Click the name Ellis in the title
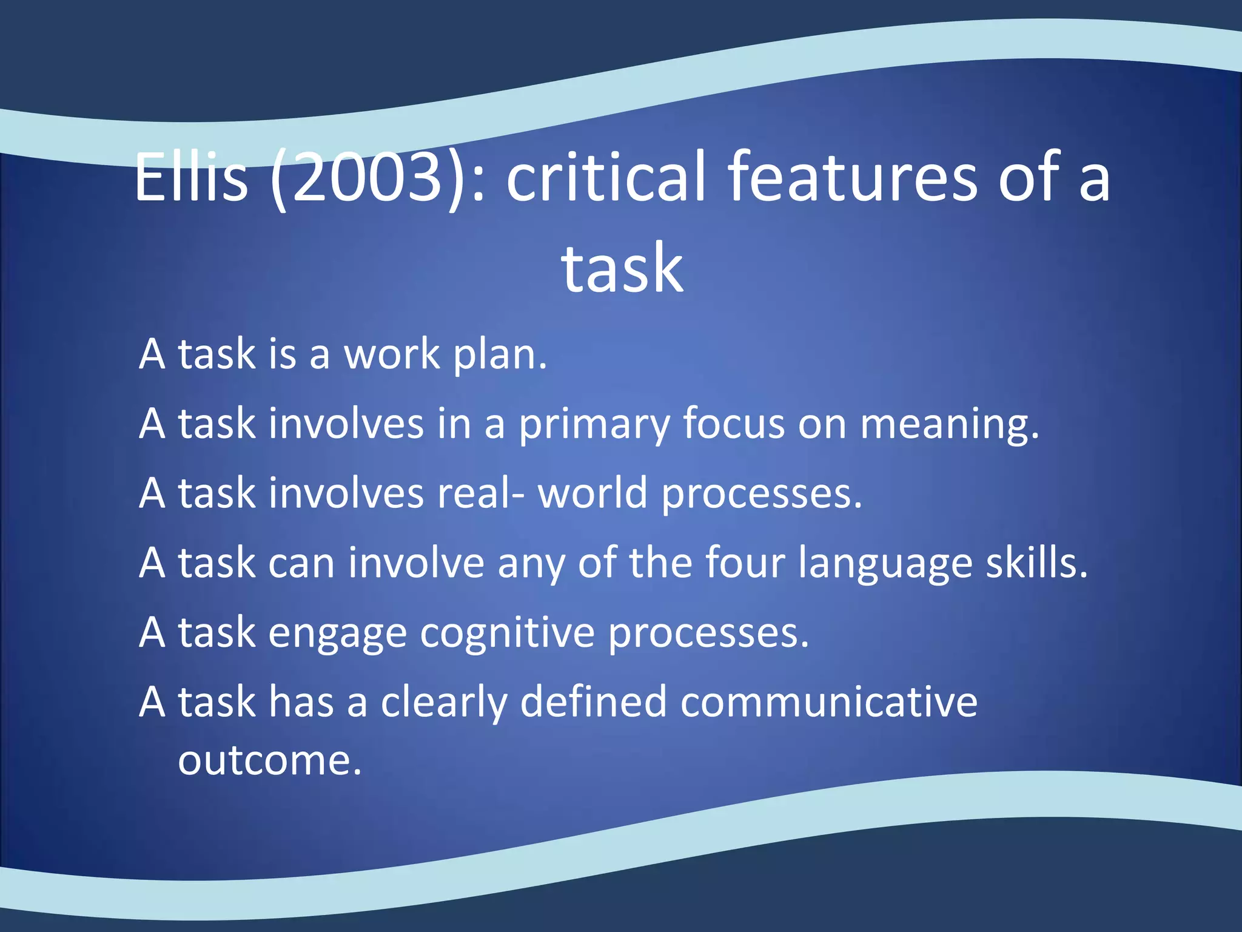coord(191,177)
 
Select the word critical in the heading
coord(606,177)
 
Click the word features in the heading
coord(852,177)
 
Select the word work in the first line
coord(392,354)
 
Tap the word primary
coord(594,425)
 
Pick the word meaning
coord(950,425)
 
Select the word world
coord(592,493)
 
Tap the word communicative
coord(828,702)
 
